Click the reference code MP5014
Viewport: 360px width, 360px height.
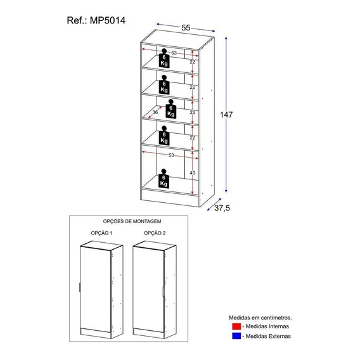108,20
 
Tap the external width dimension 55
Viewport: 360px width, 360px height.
186,28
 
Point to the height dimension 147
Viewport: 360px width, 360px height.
226,114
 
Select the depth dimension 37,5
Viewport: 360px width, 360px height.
222,208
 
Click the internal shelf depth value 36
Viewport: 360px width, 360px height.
155,112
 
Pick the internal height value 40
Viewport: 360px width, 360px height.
193,172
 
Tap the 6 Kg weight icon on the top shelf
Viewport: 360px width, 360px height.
164,58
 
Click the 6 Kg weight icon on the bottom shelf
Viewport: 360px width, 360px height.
164,179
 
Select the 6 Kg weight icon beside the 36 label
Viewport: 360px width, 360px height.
171,109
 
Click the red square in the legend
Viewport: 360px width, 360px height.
236,326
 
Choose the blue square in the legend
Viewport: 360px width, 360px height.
236,336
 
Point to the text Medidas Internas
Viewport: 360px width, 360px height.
267,326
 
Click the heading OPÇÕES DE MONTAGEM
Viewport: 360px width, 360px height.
132,221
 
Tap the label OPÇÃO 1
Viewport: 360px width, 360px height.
101,233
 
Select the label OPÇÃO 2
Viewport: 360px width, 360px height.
155,233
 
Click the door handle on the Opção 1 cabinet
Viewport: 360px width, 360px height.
79,288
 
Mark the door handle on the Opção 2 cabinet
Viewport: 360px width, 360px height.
164,292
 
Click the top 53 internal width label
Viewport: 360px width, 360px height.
174,53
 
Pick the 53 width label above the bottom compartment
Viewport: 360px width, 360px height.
171,155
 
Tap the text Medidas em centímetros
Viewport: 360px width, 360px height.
260,318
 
